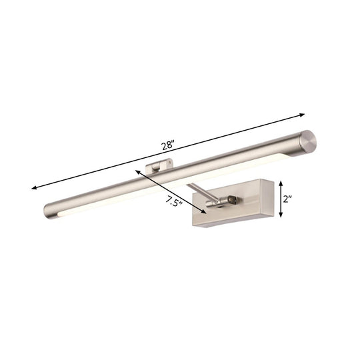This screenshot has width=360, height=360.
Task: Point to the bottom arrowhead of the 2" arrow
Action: [283, 217]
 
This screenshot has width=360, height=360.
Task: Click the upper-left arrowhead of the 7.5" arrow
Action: [137, 171]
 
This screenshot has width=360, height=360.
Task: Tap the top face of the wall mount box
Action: [233, 184]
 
